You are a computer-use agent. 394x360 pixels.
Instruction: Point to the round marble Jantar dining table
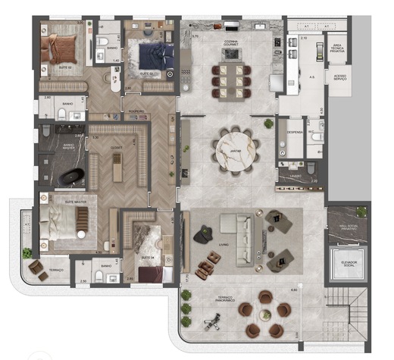232,152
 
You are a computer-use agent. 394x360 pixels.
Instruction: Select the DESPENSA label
294,131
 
